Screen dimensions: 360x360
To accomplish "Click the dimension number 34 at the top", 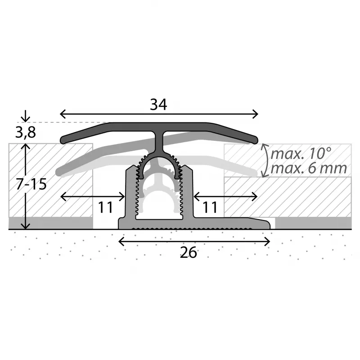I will [158, 104].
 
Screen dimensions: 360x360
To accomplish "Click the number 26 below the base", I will [188, 253].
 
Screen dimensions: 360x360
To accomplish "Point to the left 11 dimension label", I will [105, 207].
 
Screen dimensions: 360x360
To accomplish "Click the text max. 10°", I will [301, 153].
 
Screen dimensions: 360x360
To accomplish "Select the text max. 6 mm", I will [309, 168].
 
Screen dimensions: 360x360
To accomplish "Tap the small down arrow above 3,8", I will [26, 117].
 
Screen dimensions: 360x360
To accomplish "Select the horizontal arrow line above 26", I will [194, 242].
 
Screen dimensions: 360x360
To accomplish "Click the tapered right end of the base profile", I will [263, 222].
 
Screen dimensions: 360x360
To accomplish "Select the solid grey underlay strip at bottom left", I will [49, 223].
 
